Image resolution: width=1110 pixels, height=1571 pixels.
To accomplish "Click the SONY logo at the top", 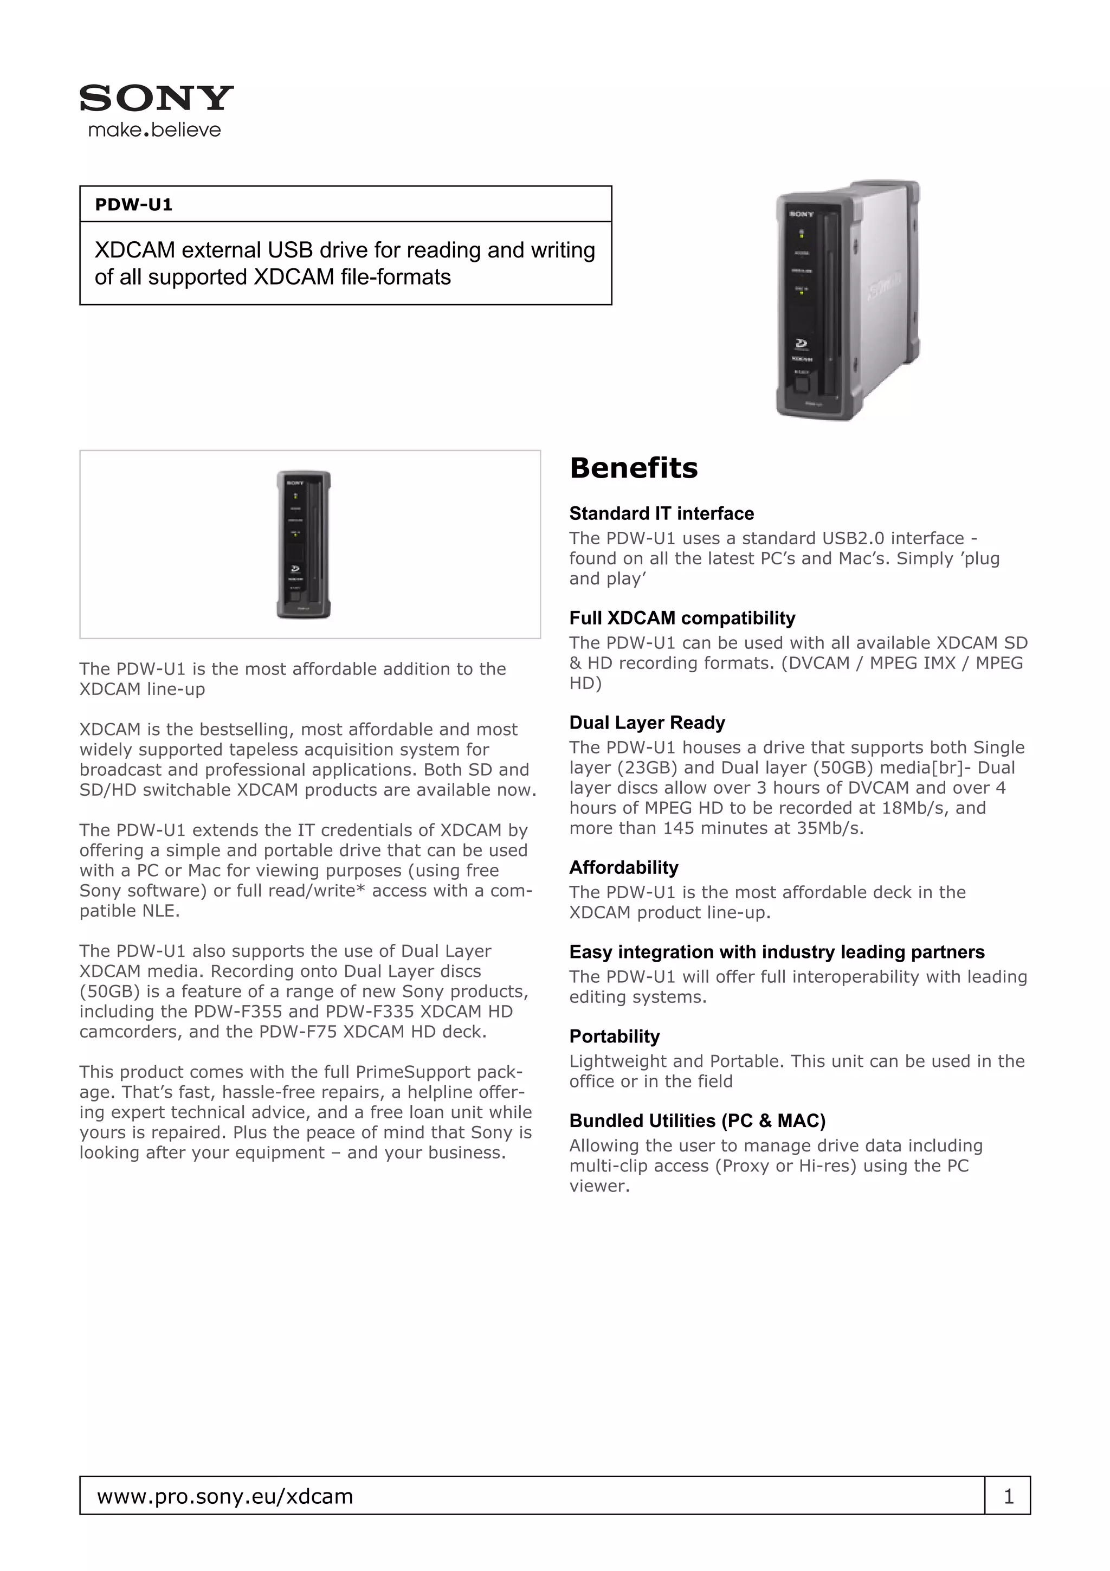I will tap(156, 98).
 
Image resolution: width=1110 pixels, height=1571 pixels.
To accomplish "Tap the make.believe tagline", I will tap(154, 130).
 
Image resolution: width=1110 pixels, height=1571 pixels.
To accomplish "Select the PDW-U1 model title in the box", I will tap(133, 204).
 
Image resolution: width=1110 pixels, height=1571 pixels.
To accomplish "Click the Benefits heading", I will tap(633, 468).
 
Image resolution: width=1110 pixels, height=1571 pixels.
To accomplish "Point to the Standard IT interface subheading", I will tap(661, 513).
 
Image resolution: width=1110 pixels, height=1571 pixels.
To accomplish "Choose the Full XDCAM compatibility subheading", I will tap(682, 618).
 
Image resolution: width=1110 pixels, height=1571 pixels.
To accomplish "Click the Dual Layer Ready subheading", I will tap(647, 723).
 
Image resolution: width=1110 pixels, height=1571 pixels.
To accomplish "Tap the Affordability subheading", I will tap(624, 867).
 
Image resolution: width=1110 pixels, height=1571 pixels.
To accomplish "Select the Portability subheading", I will tap(614, 1036).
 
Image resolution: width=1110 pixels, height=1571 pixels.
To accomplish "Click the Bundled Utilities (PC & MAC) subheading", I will tap(698, 1121).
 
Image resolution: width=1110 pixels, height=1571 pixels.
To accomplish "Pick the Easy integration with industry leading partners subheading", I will tap(777, 952).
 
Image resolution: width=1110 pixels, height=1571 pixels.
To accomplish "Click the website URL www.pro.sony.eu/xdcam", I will tap(225, 1496).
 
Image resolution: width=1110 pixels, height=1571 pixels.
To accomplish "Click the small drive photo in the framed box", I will tap(304, 545).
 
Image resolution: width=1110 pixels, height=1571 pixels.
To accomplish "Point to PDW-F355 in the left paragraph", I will tap(238, 1012).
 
